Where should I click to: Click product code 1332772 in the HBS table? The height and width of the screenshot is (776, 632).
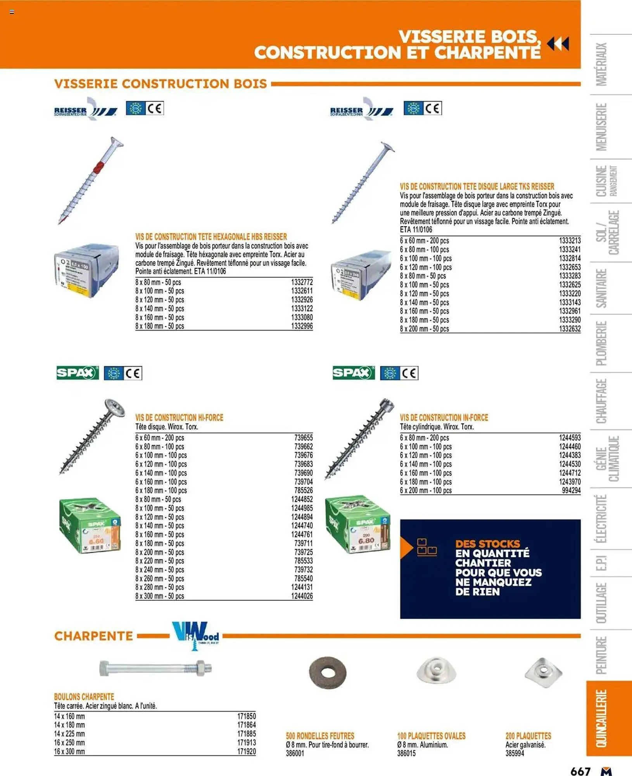[x=301, y=282]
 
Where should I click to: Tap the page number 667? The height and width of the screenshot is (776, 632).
[x=580, y=771]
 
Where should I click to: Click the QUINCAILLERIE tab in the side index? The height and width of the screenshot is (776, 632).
[x=601, y=718]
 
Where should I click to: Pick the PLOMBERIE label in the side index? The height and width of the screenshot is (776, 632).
[x=601, y=343]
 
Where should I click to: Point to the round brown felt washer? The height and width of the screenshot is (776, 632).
[x=328, y=672]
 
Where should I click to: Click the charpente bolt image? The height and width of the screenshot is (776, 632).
[x=155, y=668]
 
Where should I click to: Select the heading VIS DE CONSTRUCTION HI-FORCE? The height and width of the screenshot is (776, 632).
[x=179, y=417]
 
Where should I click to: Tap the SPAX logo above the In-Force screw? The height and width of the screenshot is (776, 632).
[x=353, y=373]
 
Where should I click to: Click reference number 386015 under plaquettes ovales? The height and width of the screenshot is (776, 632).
[x=406, y=753]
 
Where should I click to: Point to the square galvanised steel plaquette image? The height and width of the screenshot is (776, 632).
[x=543, y=672]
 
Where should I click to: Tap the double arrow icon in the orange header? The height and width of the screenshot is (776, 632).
[x=558, y=44]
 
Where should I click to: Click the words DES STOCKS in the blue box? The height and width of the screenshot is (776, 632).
[x=487, y=544]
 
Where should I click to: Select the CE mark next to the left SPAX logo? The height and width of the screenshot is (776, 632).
[x=133, y=373]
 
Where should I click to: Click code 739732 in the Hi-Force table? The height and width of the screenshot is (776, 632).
[x=303, y=570]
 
